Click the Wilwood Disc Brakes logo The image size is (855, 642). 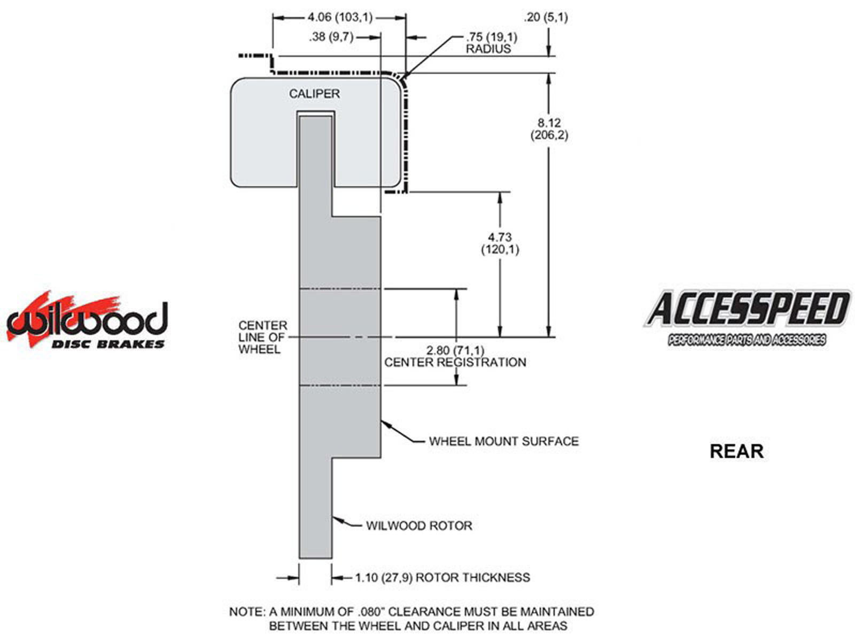[87, 321]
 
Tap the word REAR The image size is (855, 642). [736, 452]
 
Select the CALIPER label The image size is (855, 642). [314, 94]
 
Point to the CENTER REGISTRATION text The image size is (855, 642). [455, 362]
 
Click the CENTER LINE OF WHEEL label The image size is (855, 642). [262, 337]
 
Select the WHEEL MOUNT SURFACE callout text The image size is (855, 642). [503, 441]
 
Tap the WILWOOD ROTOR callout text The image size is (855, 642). [419, 525]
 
